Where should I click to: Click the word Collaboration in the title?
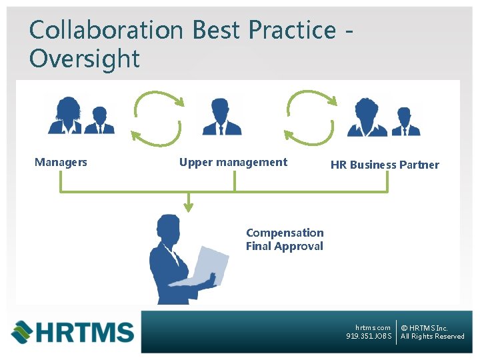[x=106, y=30]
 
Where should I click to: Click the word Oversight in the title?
[x=85, y=59]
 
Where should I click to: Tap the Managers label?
[x=61, y=162]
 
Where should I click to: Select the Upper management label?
[x=233, y=162]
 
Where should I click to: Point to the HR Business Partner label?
[x=385, y=165]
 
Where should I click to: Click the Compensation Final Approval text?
[x=285, y=239]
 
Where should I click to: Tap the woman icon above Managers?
[x=67, y=116]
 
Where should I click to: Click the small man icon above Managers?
[x=100, y=121]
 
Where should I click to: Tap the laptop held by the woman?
[x=203, y=267]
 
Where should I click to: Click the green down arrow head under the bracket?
[x=189, y=207]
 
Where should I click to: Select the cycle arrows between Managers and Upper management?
[x=156, y=117]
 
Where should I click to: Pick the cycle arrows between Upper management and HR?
[x=311, y=117]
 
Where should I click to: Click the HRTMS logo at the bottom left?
[x=72, y=331]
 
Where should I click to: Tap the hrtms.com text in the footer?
[x=373, y=327]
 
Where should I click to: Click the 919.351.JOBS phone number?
[x=369, y=337]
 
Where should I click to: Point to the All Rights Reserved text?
[x=433, y=337]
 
